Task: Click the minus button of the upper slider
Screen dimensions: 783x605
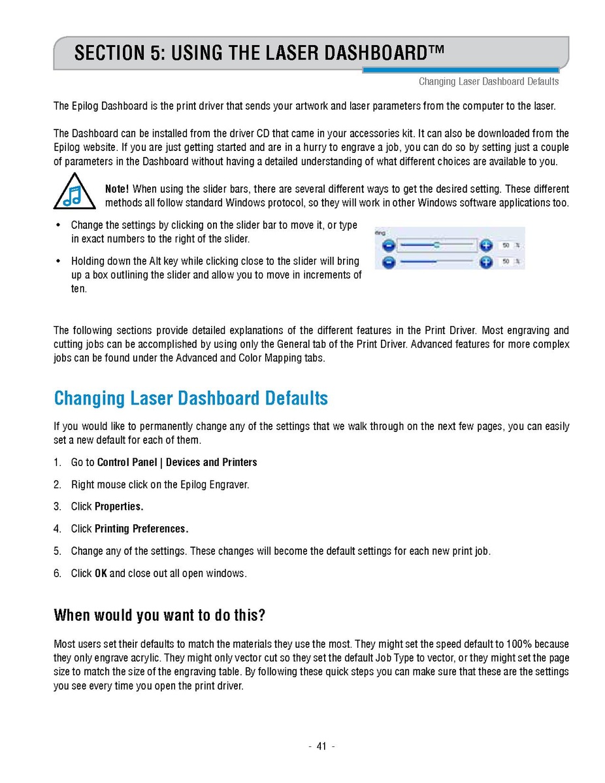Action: tap(388, 246)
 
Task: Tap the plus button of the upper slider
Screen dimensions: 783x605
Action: tap(485, 246)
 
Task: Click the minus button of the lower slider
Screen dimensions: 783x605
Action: tap(388, 262)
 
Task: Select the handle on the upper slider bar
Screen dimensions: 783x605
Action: tap(436, 245)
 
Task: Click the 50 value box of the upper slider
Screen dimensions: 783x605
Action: tap(506, 246)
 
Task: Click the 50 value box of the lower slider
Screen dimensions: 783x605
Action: tap(506, 262)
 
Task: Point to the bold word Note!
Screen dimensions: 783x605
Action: tap(117, 189)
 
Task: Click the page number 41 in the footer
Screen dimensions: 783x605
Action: tap(321, 746)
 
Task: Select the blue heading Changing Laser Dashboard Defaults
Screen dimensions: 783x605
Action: tap(191, 398)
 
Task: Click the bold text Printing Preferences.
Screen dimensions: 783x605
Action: tap(141, 529)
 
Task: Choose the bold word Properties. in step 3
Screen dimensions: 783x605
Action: tap(119, 507)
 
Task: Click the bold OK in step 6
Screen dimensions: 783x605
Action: tap(101, 574)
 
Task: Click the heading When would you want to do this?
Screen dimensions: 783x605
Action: tap(159, 616)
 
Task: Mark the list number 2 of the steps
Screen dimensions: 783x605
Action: tap(57, 484)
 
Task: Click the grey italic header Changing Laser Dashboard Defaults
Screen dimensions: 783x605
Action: tap(489, 82)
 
